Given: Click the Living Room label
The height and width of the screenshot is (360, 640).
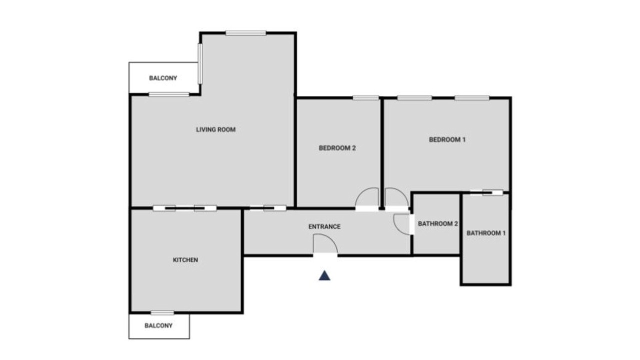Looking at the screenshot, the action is click(215, 129).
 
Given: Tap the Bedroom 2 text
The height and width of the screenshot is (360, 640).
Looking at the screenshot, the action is click(337, 148).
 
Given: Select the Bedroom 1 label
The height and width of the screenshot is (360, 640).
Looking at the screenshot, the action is click(447, 139).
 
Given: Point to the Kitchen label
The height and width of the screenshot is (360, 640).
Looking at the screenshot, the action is click(185, 260).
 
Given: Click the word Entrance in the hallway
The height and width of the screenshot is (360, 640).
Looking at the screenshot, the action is click(324, 227).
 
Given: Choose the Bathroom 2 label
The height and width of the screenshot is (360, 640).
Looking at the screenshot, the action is click(437, 223).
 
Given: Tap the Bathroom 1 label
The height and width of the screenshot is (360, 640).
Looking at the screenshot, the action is click(486, 233).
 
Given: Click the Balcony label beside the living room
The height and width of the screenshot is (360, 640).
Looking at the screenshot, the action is click(163, 78).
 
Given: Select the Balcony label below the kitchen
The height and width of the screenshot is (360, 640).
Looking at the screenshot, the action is click(158, 325).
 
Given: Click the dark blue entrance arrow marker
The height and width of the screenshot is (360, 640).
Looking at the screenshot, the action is click(324, 275).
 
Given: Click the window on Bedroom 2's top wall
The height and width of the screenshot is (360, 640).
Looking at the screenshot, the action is click(365, 98).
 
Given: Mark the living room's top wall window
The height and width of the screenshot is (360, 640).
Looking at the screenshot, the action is click(245, 33).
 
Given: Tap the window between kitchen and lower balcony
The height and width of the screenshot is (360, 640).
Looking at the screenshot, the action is click(162, 313).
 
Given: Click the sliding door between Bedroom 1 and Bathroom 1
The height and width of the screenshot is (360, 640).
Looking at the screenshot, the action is click(486, 192).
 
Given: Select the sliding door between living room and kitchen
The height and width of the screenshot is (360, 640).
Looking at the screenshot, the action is click(184, 208).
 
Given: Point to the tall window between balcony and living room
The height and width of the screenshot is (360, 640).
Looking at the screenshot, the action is click(200, 63).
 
